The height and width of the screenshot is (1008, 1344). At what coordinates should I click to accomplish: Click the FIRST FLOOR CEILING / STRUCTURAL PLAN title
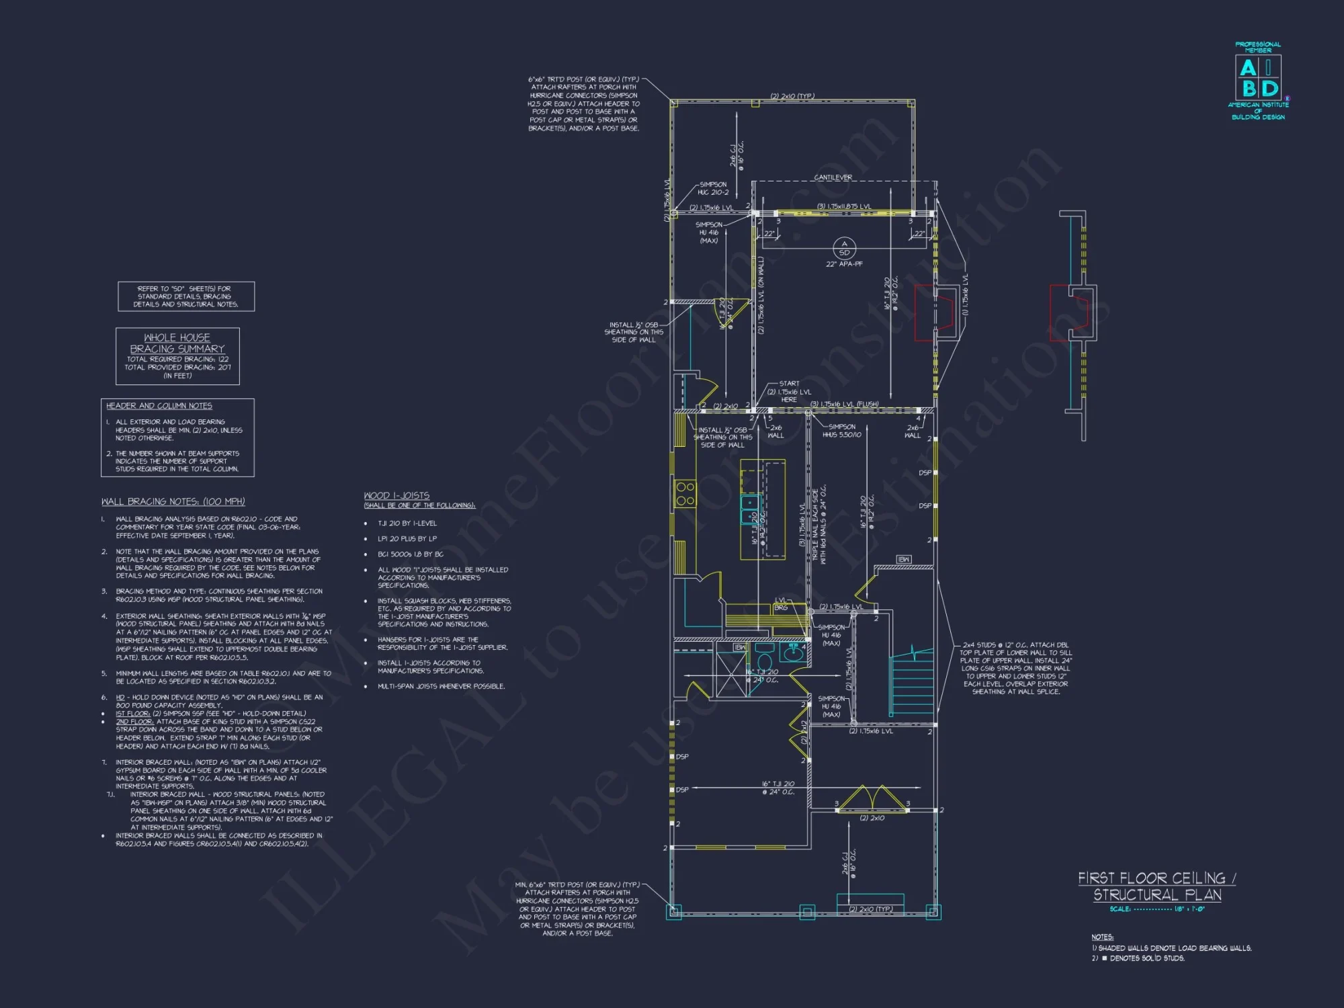pyautogui.click(x=1157, y=886)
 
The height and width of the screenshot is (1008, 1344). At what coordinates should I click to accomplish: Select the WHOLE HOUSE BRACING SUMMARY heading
pyautogui.click(x=177, y=343)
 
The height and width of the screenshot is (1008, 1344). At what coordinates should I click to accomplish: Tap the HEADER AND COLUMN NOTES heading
pyautogui.click(x=159, y=406)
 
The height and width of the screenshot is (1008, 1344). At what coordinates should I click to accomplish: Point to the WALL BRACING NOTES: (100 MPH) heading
pyautogui.click(x=173, y=501)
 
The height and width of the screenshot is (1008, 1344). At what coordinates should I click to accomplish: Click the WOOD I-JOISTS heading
pyautogui.click(x=396, y=495)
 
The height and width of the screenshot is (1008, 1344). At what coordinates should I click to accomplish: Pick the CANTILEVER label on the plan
pyautogui.click(x=833, y=177)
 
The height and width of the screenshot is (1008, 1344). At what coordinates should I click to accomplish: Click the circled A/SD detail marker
pyautogui.click(x=844, y=248)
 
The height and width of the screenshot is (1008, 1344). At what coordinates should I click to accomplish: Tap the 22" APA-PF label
pyautogui.click(x=844, y=264)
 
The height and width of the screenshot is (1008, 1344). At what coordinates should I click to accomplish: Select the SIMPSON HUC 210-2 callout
pyautogui.click(x=712, y=188)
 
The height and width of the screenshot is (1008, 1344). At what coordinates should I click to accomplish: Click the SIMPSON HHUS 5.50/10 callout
pyautogui.click(x=841, y=431)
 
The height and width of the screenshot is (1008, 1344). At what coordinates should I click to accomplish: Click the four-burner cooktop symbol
pyautogui.click(x=685, y=493)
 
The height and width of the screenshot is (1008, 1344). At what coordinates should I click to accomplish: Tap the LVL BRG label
pyautogui.click(x=781, y=603)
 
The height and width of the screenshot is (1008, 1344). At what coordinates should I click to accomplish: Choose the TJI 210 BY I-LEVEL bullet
pyautogui.click(x=407, y=523)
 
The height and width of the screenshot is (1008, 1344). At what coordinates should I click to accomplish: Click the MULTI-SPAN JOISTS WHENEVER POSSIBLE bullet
pyautogui.click(x=441, y=686)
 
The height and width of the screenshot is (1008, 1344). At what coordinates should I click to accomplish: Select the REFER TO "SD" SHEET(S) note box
pyautogui.click(x=186, y=296)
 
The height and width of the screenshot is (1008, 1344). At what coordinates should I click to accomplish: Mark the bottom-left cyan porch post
pyautogui.click(x=673, y=911)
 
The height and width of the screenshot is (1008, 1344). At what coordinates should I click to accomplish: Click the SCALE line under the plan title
pyautogui.click(x=1157, y=909)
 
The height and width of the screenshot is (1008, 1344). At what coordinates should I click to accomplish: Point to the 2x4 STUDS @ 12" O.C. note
pyautogui.click(x=1015, y=668)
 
